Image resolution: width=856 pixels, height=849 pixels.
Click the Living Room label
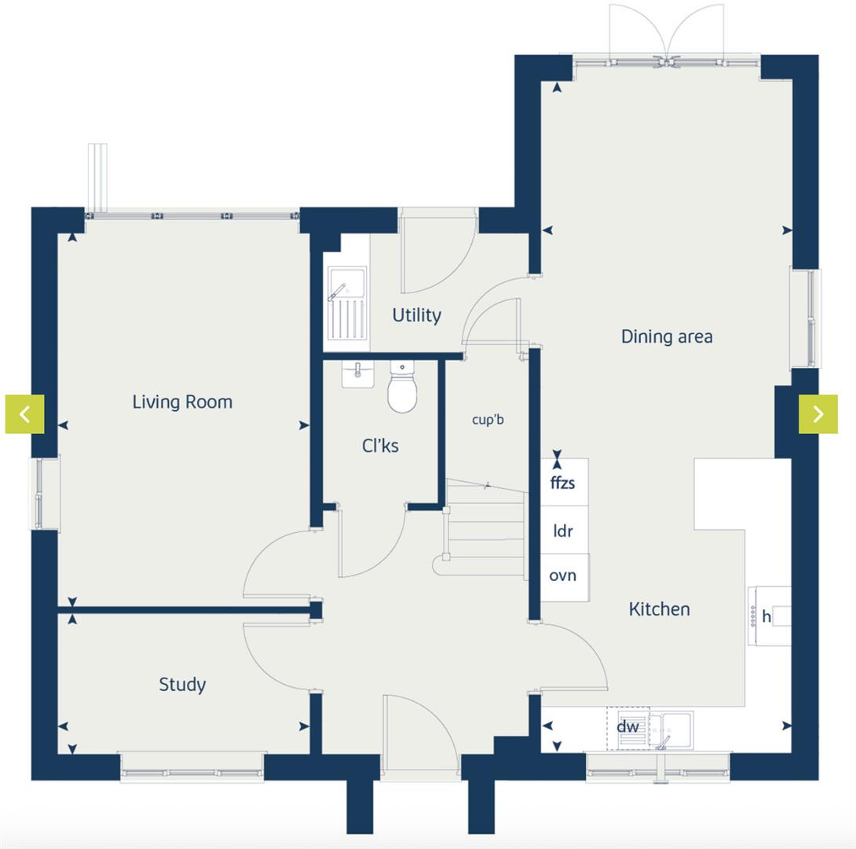pos(182,402)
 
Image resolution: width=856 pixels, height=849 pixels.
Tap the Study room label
pos(182,685)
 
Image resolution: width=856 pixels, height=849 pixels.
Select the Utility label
pos(416,315)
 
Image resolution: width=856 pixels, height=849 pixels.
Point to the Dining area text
pos(667,336)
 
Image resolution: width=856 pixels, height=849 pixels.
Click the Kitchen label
pos(659,609)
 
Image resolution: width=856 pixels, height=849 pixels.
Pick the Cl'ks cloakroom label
pos(380,447)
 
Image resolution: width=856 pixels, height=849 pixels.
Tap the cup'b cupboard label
pos(488,420)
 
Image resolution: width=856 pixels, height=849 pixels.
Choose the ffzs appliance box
pos(563,483)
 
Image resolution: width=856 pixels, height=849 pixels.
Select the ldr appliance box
pos(563,531)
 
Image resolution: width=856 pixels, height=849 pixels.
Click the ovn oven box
pos(563,576)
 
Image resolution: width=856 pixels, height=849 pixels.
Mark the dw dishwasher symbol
pos(627,727)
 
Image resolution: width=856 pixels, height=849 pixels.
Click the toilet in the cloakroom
pos(402,389)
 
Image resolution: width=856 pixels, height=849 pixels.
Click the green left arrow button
pos(25,413)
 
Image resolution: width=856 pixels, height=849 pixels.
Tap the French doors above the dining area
pos(667,35)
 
